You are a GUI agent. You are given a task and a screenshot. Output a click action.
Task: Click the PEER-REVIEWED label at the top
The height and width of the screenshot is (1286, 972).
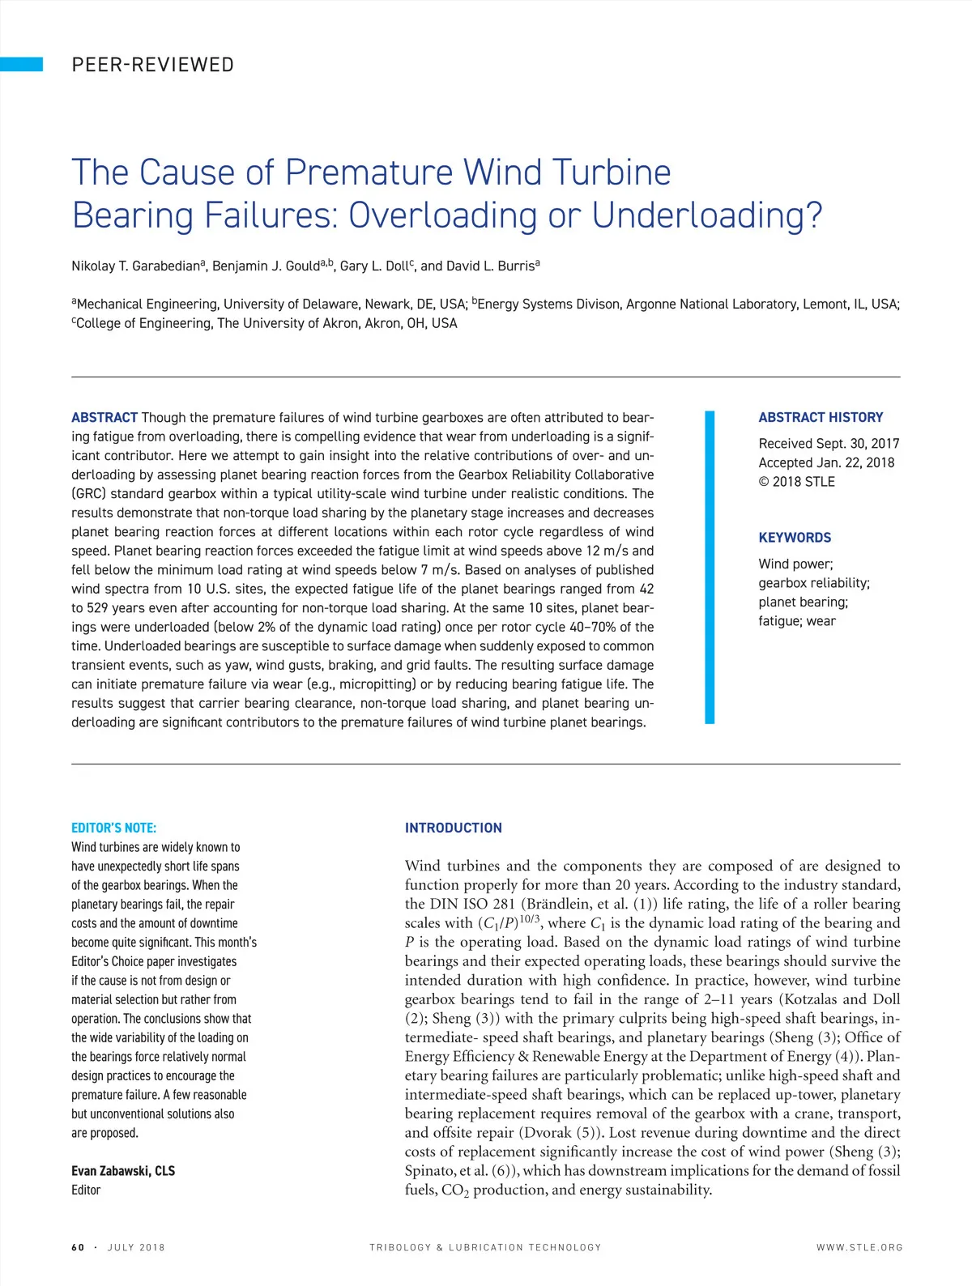click(x=152, y=65)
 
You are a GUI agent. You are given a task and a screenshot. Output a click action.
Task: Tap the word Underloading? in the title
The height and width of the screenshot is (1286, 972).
click(x=706, y=215)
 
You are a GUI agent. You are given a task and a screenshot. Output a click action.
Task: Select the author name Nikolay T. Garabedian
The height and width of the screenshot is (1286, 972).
click(x=136, y=266)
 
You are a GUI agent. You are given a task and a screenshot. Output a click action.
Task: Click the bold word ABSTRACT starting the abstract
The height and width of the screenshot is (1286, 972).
click(x=104, y=418)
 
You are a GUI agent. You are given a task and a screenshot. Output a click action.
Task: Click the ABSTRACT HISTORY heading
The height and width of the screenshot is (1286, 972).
click(x=821, y=418)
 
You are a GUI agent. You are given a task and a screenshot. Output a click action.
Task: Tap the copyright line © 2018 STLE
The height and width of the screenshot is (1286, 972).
click(x=796, y=482)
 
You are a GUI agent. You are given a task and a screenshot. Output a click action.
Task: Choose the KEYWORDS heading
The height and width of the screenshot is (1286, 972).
click(x=795, y=538)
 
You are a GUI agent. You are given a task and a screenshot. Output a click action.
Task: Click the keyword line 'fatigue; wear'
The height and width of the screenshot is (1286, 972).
click(x=797, y=621)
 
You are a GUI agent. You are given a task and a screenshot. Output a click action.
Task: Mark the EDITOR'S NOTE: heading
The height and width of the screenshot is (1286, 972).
click(x=114, y=828)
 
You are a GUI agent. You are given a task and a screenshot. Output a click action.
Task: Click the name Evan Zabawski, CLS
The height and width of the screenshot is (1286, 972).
click(x=123, y=1171)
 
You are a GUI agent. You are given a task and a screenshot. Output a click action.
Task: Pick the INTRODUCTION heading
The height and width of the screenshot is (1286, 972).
click(x=454, y=828)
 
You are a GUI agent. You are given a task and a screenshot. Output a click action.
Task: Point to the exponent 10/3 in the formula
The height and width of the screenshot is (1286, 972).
click(x=531, y=918)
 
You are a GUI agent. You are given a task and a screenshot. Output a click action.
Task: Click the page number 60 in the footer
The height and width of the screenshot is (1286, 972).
click(x=78, y=1248)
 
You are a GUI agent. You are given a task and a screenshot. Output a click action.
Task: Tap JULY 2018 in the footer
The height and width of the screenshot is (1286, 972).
click(x=136, y=1248)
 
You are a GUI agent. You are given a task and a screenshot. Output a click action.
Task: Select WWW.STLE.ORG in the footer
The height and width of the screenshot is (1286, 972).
click(x=859, y=1248)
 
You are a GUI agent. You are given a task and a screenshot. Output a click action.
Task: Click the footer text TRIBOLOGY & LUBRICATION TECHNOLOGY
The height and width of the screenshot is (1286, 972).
click(x=485, y=1248)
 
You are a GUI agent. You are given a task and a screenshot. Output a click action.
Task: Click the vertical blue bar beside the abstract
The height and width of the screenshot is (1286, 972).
click(x=710, y=567)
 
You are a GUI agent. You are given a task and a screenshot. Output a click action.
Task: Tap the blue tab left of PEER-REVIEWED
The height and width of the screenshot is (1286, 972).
click(x=21, y=65)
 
